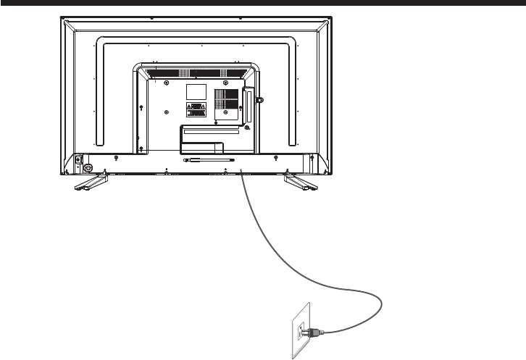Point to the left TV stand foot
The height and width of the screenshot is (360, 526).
coord(90,182)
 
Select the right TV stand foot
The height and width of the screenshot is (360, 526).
coord(298,182)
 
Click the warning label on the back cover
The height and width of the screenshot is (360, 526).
coord(196,111)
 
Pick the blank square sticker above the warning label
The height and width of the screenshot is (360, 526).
coord(196,92)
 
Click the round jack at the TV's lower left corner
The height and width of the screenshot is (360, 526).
coord(89,167)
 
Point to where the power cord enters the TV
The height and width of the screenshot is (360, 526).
coord(240,173)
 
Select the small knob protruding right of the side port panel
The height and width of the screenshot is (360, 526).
coord(260,99)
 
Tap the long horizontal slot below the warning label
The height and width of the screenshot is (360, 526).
coord(212,132)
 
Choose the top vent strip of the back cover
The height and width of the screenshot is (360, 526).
coord(196,72)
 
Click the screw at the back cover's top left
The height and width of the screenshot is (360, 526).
coord(167,83)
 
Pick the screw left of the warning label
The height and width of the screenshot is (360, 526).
coord(167,112)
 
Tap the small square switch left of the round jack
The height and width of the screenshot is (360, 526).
coord(79,160)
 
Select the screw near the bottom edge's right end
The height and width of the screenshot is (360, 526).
coord(275,158)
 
